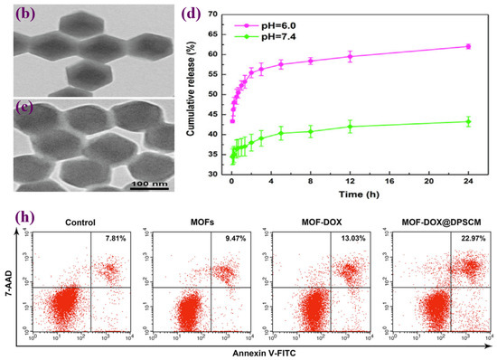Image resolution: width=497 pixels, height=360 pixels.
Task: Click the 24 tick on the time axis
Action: tap(468, 182)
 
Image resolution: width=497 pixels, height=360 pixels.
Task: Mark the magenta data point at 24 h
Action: tap(468, 46)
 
